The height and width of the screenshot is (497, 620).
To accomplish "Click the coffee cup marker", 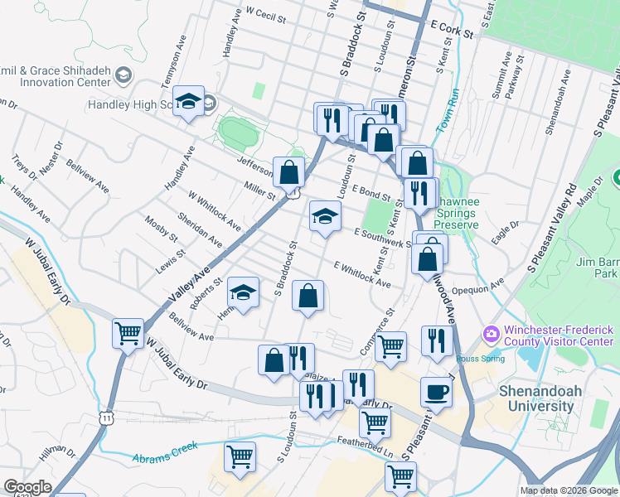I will (x=436, y=393).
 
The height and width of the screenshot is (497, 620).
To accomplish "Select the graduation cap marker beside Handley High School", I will (x=189, y=103).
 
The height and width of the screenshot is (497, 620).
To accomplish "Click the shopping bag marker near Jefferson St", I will (x=288, y=173).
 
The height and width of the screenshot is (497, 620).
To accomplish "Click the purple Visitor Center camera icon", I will (x=492, y=333).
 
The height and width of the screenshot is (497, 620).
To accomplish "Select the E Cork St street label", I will (x=451, y=30).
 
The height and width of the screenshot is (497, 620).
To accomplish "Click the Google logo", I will (x=27, y=487).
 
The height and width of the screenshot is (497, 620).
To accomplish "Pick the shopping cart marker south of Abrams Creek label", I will (x=240, y=456).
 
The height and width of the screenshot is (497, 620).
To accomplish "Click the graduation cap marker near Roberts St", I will (x=242, y=292).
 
